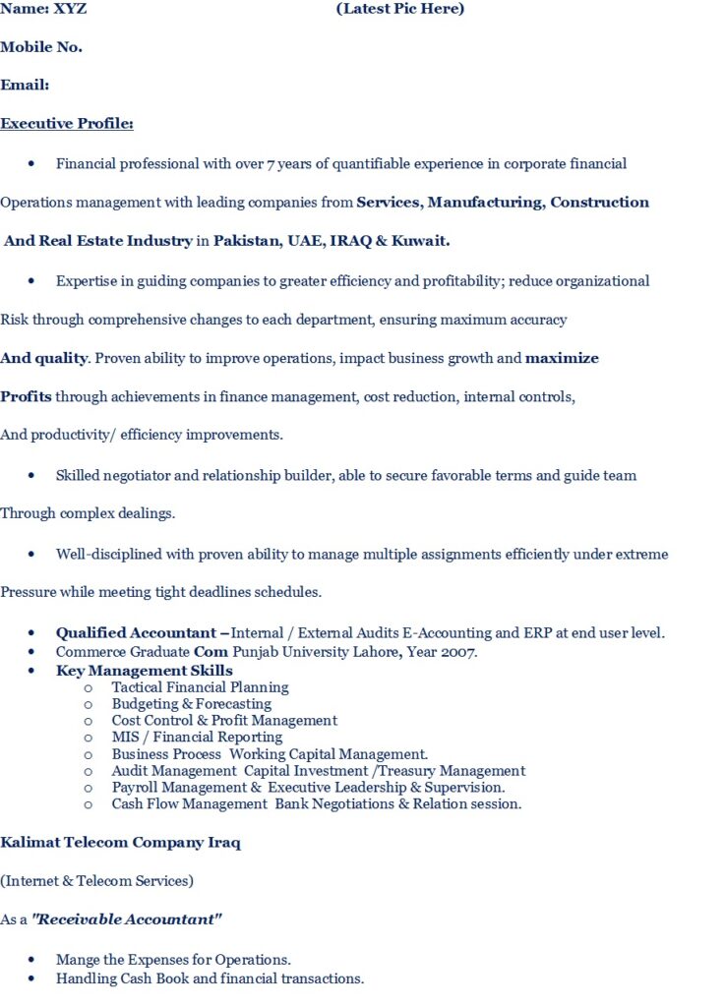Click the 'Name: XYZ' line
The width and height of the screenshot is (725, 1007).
tap(43, 9)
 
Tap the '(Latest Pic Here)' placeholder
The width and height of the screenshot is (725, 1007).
tap(399, 9)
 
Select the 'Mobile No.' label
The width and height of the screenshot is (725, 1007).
tap(41, 47)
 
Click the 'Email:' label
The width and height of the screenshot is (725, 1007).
tap(25, 86)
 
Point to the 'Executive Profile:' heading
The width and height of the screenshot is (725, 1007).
tap(67, 124)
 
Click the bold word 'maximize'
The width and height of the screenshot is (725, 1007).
tap(562, 358)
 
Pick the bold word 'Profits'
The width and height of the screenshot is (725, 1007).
tap(26, 397)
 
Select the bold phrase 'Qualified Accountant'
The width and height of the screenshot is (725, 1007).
tap(136, 633)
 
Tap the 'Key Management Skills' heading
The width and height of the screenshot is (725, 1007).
tap(144, 671)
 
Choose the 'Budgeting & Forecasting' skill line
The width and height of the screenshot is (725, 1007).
tap(191, 704)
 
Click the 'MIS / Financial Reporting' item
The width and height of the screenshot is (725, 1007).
tap(197, 738)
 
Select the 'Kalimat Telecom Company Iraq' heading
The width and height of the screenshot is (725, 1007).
tap(120, 843)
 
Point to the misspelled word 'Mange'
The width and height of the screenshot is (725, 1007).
tap(76, 960)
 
